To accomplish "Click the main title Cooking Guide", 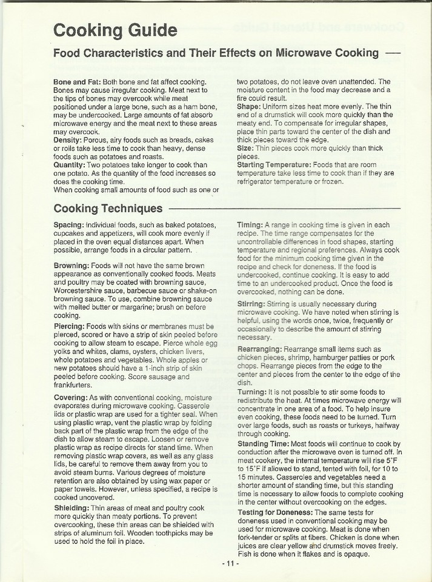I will pos(115,30).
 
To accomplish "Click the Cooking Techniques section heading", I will pos(108,209).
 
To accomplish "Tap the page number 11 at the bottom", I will pos(230,564).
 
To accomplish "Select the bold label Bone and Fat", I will pos(75,82).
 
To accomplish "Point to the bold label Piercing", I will pos(70,326).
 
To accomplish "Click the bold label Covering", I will pos(71,397).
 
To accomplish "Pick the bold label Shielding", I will pos(71,507).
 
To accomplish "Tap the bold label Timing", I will pos(249,225).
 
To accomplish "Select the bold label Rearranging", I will pos(259,350).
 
